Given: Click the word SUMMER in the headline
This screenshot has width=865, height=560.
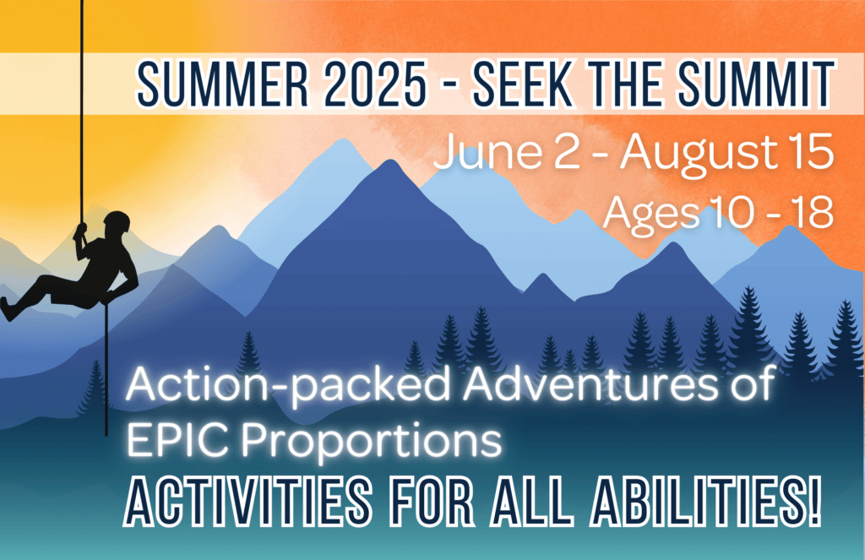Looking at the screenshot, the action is click(222, 84).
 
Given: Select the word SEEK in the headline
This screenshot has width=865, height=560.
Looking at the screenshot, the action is click(523, 84).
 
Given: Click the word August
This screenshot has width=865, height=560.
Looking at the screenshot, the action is click(697, 154).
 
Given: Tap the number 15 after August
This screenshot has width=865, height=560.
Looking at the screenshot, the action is click(808, 151).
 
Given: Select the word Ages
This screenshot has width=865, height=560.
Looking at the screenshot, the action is click(651, 214).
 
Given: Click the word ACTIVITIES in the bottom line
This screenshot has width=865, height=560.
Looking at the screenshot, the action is click(248, 502).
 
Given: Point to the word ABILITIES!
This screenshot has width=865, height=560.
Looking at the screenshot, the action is click(705, 502).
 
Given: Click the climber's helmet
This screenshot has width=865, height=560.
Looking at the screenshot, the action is click(117, 220).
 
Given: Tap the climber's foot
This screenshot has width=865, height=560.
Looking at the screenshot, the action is click(8, 309).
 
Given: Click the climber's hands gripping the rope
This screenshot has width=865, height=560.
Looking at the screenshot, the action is click(81, 231).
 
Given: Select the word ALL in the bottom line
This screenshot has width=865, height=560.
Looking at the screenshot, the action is click(530, 502).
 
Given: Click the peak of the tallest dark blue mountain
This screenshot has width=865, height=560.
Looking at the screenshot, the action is click(390, 160).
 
